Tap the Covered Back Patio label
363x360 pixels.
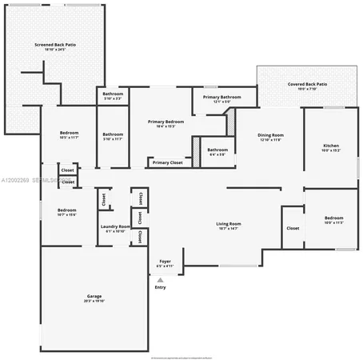click(307, 84)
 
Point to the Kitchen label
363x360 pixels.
click(330, 146)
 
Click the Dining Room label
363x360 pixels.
click(270, 135)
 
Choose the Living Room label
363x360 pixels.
click(229, 224)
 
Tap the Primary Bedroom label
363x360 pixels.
click(161, 122)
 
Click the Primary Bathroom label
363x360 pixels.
click(216, 98)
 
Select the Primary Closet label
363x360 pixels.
click(168, 162)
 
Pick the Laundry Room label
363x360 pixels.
click(116, 227)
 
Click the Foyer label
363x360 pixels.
click(165, 262)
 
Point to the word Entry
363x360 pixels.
click(161, 288)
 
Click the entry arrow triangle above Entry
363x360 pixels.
click(161, 280)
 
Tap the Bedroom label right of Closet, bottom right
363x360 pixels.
click(333, 218)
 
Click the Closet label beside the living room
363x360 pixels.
click(293, 228)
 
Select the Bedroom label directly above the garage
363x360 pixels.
click(66, 211)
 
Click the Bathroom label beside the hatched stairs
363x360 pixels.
click(217, 150)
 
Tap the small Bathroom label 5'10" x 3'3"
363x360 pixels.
click(113, 94)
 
